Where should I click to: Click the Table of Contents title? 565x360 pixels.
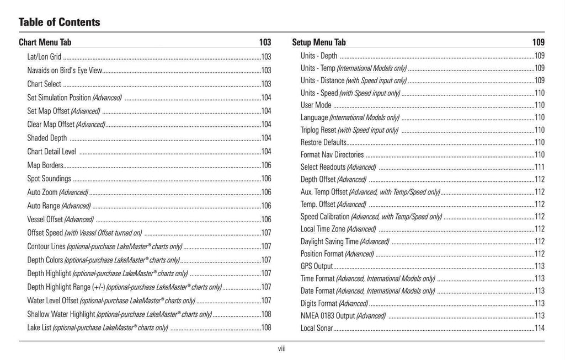pos(60,23)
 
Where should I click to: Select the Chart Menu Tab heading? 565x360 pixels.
pos(45,42)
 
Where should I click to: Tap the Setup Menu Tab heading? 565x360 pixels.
pos(319,42)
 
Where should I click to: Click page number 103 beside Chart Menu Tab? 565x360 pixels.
pos(265,42)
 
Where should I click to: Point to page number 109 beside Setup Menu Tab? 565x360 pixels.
pos(538,42)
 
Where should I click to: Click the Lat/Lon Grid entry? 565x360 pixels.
pos(44,57)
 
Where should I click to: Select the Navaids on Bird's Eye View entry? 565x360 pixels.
pos(65,71)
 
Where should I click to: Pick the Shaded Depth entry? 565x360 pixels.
pos(47,138)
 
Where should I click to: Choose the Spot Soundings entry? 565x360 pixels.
pos(49,179)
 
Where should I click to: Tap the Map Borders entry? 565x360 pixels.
pos(45,165)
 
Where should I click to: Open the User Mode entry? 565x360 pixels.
pos(316,105)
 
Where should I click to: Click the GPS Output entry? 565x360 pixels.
pos(317,266)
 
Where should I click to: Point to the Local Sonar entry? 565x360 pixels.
pos(317,328)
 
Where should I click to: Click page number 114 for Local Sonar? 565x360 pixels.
pos(539,328)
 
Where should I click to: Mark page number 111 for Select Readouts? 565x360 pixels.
pos(539,167)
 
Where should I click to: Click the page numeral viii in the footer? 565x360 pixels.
pos(281,348)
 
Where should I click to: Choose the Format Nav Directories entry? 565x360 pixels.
pos(332,155)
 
